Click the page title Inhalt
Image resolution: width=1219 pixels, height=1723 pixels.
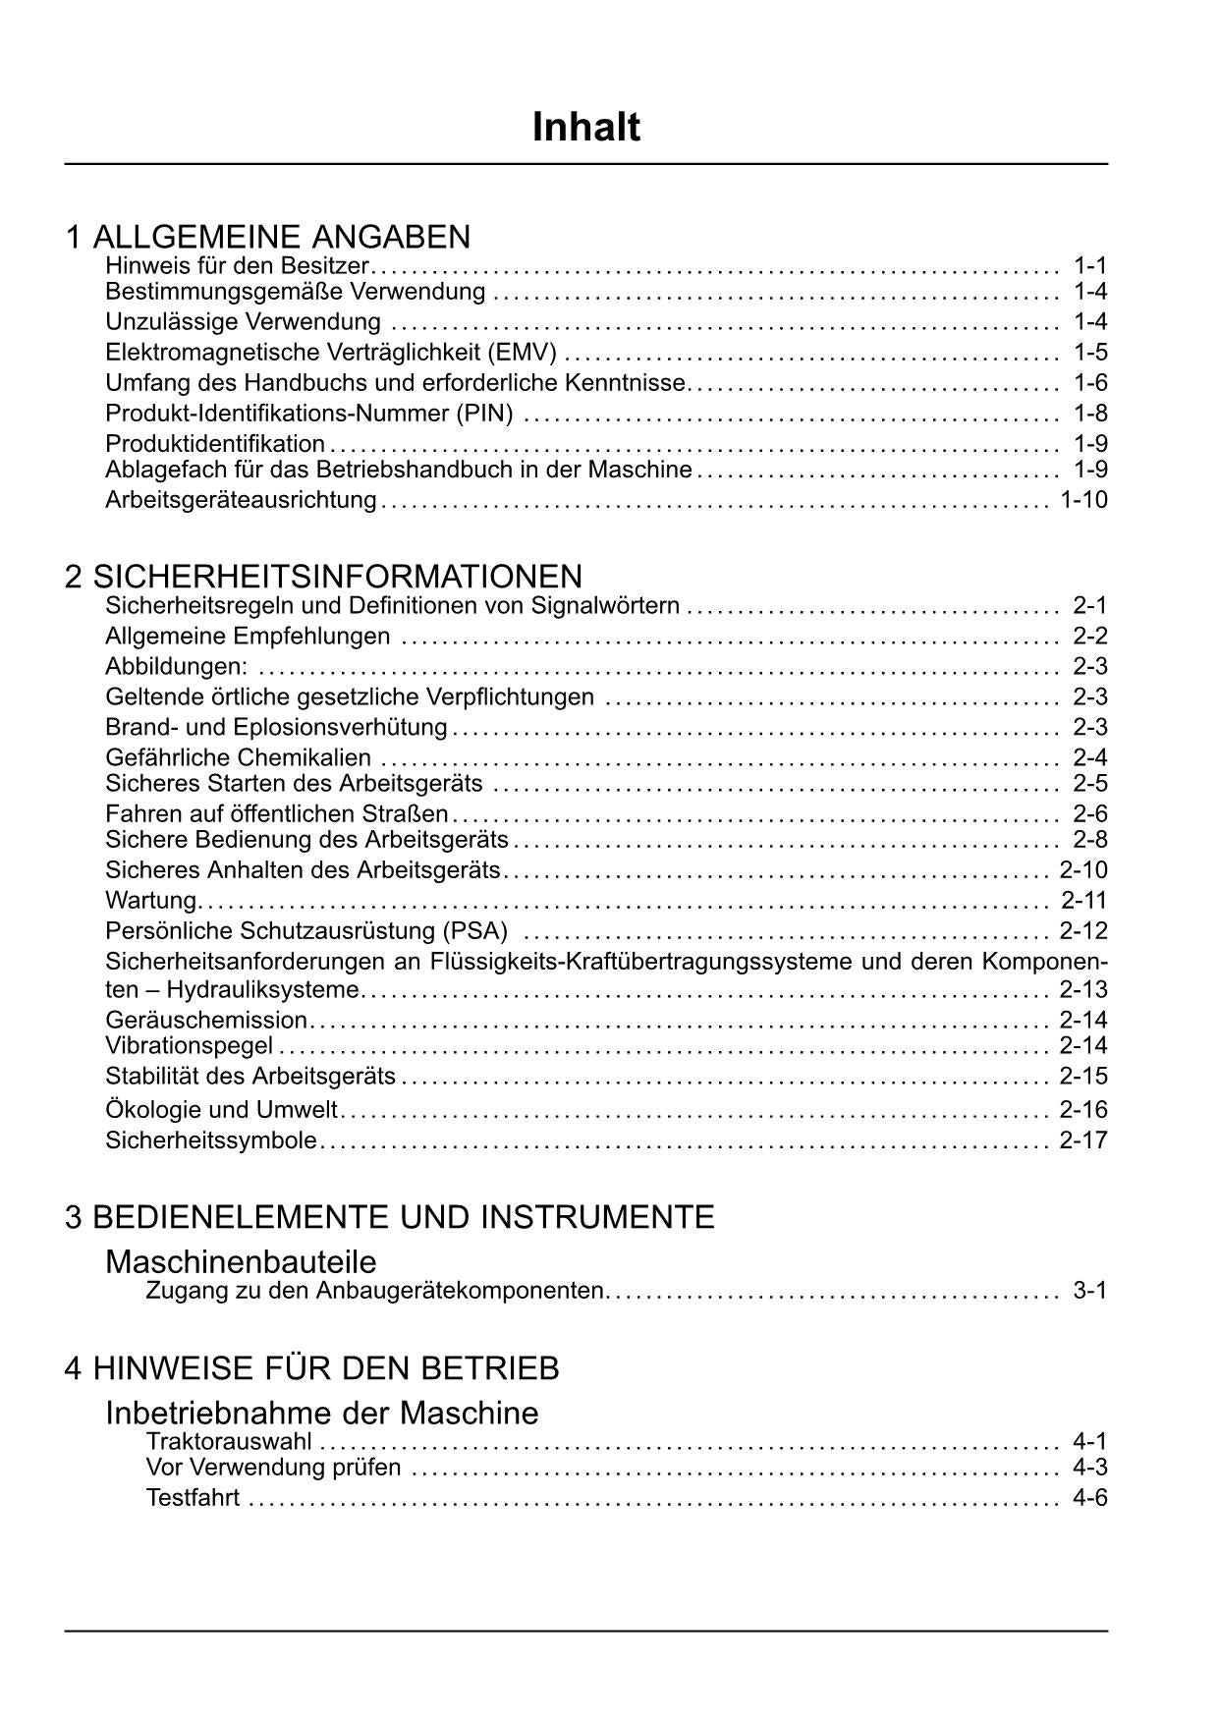click(x=586, y=128)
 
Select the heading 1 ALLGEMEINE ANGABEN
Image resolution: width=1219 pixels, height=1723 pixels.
click(x=267, y=237)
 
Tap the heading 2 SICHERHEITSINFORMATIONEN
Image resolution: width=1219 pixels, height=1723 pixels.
click(x=323, y=576)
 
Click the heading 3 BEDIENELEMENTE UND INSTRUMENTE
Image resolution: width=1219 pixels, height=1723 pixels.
click(x=389, y=1217)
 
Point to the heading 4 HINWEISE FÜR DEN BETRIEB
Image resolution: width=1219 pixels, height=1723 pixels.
click(x=311, y=1367)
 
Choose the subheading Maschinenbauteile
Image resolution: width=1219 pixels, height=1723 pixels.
click(x=241, y=1261)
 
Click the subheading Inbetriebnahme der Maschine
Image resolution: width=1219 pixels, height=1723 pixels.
click(x=321, y=1413)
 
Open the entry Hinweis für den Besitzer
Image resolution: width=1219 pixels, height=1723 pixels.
click(x=237, y=265)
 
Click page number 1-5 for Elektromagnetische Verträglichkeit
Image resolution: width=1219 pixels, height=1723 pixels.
click(x=1090, y=352)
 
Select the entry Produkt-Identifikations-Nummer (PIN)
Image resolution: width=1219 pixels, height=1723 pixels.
click(x=308, y=413)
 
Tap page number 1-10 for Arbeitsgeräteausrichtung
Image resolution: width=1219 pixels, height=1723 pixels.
click(x=1083, y=499)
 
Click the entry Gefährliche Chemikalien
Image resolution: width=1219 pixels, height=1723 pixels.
click(x=238, y=757)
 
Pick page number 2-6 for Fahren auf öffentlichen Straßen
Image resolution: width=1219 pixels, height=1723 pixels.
click(x=1090, y=813)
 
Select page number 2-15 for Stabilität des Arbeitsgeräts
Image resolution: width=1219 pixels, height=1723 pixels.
click(x=1083, y=1076)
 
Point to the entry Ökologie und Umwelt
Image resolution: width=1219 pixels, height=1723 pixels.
click(x=221, y=1110)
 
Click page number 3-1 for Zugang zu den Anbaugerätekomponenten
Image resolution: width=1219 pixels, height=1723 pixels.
click(x=1090, y=1290)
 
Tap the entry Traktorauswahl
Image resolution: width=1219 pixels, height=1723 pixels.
click(x=229, y=1441)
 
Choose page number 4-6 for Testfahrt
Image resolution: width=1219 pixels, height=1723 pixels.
click(x=1090, y=1498)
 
